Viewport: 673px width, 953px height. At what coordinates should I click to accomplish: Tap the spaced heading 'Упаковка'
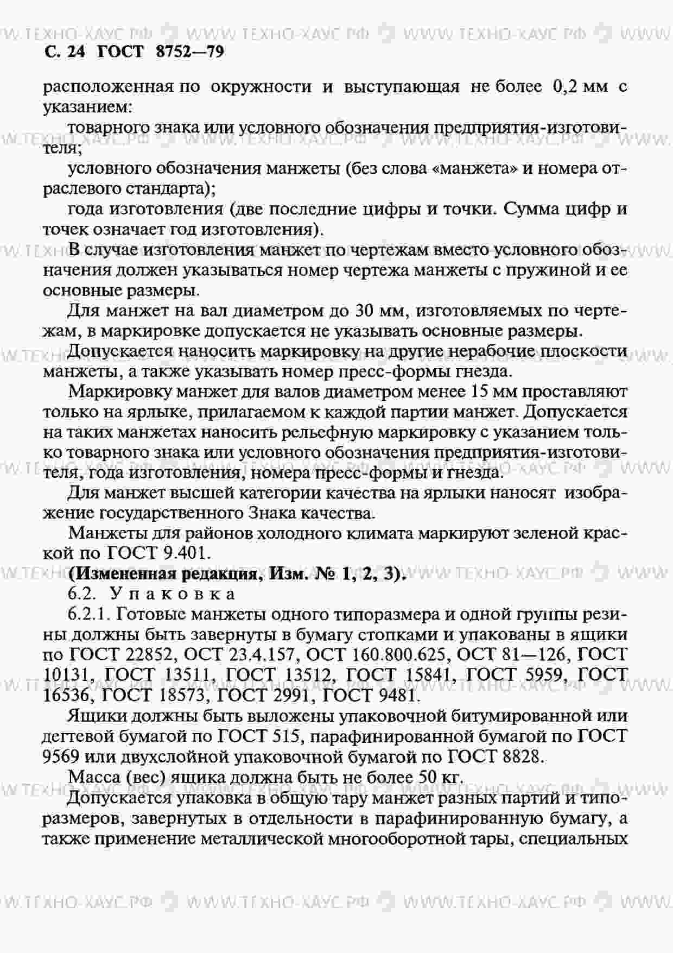coord(173,594)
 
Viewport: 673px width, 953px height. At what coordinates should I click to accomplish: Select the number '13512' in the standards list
coord(304,675)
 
